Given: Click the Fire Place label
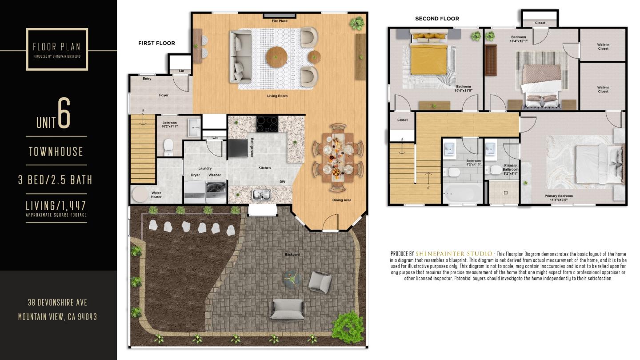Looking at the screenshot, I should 280,21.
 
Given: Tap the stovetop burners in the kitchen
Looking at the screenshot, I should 268,124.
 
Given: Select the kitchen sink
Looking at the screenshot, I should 260,194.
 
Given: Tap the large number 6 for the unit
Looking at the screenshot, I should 64,114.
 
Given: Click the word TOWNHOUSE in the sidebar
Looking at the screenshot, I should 56,152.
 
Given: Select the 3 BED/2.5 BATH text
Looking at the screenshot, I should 55,180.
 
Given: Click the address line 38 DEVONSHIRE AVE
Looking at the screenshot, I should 57,303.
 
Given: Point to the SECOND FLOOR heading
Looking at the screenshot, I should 437,19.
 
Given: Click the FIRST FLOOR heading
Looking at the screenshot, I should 156,43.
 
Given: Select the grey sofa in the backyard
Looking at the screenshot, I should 287,309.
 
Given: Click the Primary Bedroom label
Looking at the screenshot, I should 559,196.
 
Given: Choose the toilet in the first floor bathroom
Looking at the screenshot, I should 168,147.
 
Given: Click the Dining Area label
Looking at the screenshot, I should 341,200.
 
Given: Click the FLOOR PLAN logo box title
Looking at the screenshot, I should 57,47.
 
